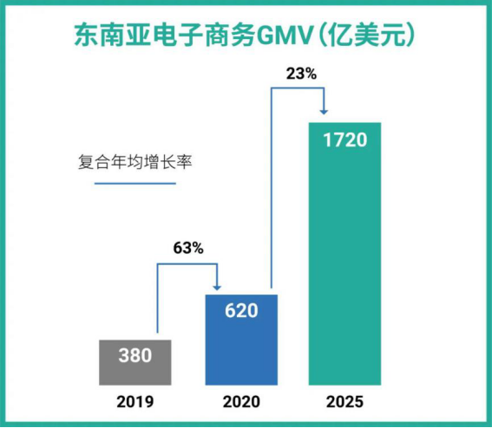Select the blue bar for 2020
tap(240, 347)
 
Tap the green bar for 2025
tap(345, 260)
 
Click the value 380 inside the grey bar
tap(134, 355)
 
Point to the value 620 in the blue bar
tap(240, 308)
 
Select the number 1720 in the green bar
tap(345, 140)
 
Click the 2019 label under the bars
tap(134, 402)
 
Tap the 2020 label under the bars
tap(240, 402)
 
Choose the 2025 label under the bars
tap(345, 402)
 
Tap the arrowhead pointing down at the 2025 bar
tap(323, 111)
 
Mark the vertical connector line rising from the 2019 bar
tap(156, 299)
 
